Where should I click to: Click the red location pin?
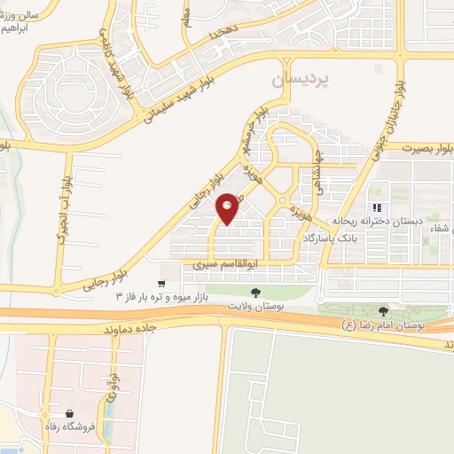(x=228, y=208)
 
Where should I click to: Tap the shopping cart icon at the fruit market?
(x=160, y=285)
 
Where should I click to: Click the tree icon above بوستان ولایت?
(x=255, y=291)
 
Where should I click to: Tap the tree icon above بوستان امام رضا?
(x=383, y=311)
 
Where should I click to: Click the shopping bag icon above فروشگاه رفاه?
(x=69, y=413)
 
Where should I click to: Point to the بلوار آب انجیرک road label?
(x=63, y=214)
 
